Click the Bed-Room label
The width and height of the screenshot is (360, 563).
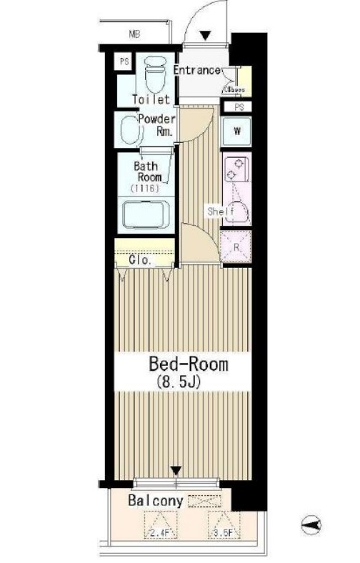(x=188, y=364)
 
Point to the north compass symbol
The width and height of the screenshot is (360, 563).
(x=311, y=526)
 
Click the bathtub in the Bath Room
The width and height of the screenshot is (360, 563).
(x=145, y=214)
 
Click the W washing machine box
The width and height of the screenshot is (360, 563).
(x=236, y=131)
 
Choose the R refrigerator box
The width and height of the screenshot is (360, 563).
(x=236, y=248)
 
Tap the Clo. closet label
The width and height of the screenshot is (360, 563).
(x=140, y=261)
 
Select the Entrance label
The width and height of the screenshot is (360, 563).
(x=197, y=70)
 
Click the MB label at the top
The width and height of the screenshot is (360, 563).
(x=134, y=34)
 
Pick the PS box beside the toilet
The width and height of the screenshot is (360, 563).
(x=124, y=61)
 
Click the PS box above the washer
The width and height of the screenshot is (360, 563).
(x=237, y=107)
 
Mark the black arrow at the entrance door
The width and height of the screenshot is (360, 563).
(x=206, y=36)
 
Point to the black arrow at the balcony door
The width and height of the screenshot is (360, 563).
(x=176, y=470)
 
